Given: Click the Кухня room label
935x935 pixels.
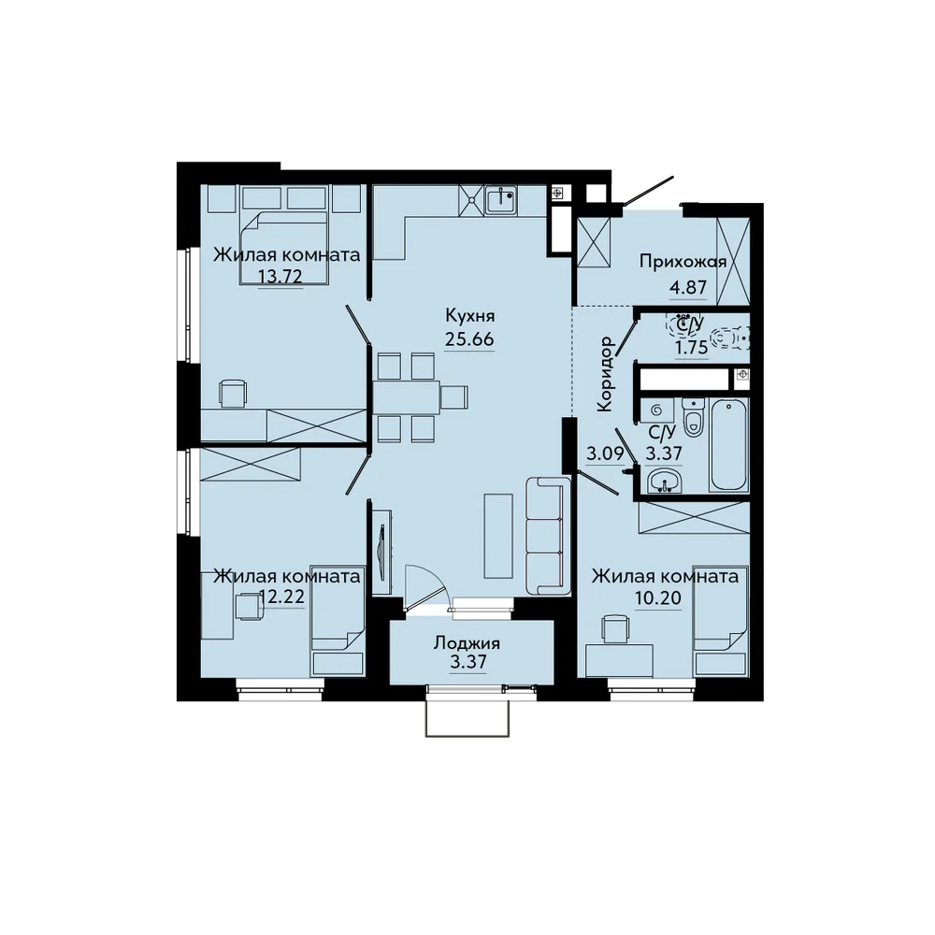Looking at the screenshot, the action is [x=470, y=315].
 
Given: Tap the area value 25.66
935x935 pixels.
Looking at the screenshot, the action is [x=469, y=338].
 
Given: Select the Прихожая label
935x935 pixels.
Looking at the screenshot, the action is [x=683, y=262].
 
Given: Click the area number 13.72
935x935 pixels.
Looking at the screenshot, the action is [x=280, y=276].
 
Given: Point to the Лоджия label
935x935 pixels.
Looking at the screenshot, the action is [x=467, y=643].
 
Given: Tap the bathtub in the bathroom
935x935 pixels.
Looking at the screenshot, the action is [x=728, y=445].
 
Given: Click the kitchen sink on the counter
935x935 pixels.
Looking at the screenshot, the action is [x=501, y=200].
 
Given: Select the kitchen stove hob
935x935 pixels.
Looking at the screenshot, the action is [x=471, y=200].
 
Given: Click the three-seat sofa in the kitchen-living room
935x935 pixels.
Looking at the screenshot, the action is [x=547, y=536].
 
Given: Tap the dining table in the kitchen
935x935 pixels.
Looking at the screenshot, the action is [x=407, y=397].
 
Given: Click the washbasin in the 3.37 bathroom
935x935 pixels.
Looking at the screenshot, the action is [x=663, y=480].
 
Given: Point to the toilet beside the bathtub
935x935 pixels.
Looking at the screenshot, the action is [x=693, y=417].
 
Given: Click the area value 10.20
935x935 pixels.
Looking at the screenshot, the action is [x=658, y=597].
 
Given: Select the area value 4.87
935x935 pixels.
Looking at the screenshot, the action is [x=688, y=287].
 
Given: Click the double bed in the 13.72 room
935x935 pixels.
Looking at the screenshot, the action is [x=284, y=247].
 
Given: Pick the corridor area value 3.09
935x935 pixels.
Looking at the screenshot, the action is [x=605, y=454].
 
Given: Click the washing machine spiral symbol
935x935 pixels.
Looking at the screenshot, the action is [x=657, y=410].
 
